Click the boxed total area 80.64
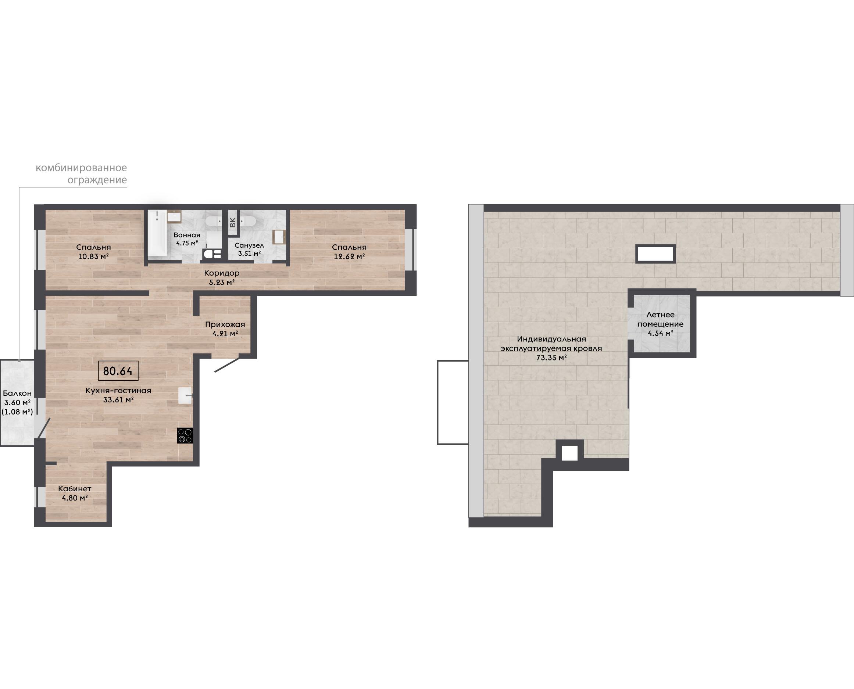click(118, 371)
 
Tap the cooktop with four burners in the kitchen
click(185, 435)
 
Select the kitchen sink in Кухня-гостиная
click(185, 396)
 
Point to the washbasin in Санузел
click(279, 237)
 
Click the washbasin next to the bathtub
click(174, 216)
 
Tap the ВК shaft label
click(233, 222)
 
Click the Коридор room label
click(222, 273)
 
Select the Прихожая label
click(225, 324)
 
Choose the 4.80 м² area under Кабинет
click(75, 498)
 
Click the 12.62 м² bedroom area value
click(349, 256)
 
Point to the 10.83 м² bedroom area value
click(94, 256)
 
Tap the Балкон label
click(17, 393)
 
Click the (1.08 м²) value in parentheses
click(17, 412)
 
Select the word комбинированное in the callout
click(81, 168)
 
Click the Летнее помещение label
click(661, 319)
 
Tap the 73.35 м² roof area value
click(551, 358)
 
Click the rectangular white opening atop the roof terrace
click(655, 254)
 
